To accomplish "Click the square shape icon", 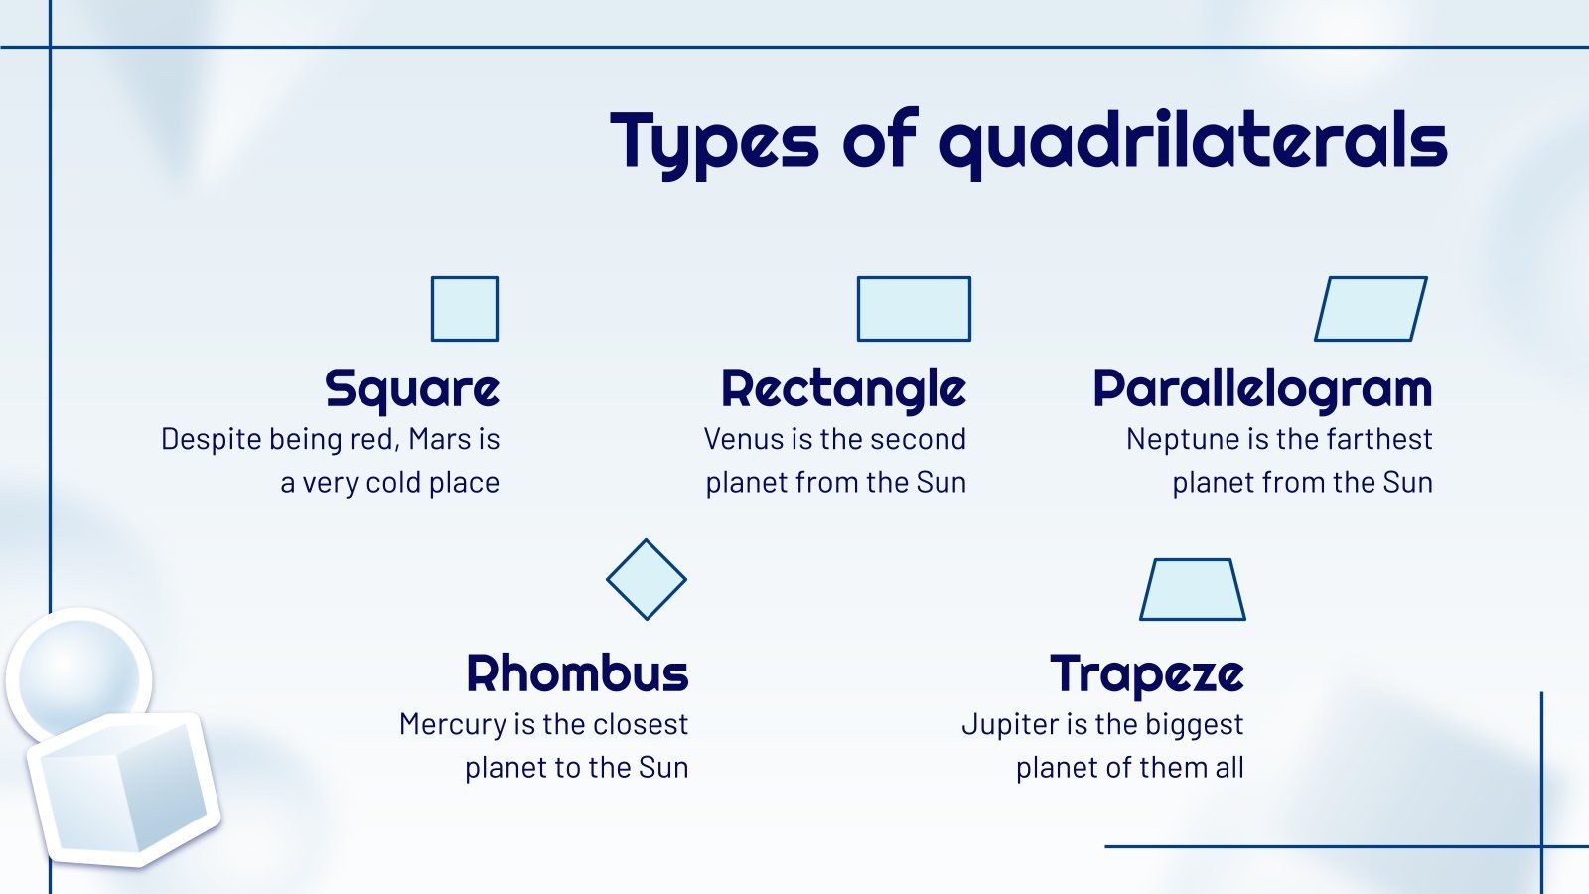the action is click(x=465, y=309).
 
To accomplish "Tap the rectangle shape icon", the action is click(x=914, y=309).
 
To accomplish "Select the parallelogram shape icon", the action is click(x=1371, y=309).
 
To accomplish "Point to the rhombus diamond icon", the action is click(x=647, y=580).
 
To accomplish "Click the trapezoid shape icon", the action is click(x=1193, y=590).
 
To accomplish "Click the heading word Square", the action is click(x=412, y=389).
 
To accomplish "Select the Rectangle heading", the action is click(x=843, y=389).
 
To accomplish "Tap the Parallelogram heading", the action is click(x=1262, y=389).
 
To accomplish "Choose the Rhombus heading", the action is click(x=577, y=673).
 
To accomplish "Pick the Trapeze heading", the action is click(x=1147, y=674).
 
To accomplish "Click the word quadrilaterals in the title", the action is click(x=1193, y=143).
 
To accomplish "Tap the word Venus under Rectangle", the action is click(x=744, y=439).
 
